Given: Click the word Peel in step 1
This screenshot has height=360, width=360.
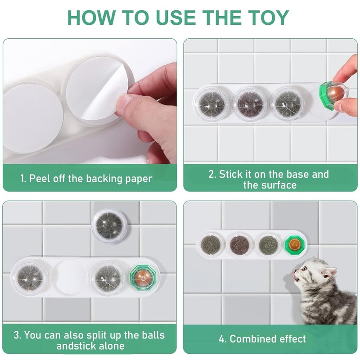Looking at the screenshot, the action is tap(40, 178).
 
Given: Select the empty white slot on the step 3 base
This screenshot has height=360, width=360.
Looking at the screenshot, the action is tap(70, 277).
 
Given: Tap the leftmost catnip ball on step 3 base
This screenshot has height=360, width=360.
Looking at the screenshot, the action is tap(30, 277).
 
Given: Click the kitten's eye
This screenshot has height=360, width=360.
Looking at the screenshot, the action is tap(305, 268).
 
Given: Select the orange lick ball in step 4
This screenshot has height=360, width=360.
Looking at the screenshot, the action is tap(295, 244).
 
